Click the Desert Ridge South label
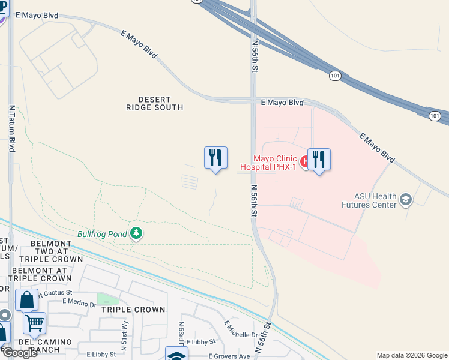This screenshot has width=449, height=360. tap(154, 103)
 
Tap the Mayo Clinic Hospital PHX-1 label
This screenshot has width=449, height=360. tap(268, 163)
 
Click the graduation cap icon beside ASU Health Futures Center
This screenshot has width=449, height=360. tap(406, 199)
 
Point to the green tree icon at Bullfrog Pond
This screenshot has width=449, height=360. tap(136, 233)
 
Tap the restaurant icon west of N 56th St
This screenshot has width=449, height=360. tap(215, 158)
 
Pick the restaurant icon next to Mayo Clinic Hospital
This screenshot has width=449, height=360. tap(319, 160)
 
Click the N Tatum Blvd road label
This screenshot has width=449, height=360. tap(11, 128)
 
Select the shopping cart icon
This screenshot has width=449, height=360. tap(34, 323)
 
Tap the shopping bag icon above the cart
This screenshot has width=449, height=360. tap(26, 300)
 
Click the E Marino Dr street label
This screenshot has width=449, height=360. tap(79, 303)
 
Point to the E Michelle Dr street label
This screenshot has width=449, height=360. tap(241, 329)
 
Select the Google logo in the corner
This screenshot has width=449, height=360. tap(19, 353)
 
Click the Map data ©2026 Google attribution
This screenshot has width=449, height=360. tap(411, 355)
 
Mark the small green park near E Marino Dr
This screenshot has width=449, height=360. tap(108, 299)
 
